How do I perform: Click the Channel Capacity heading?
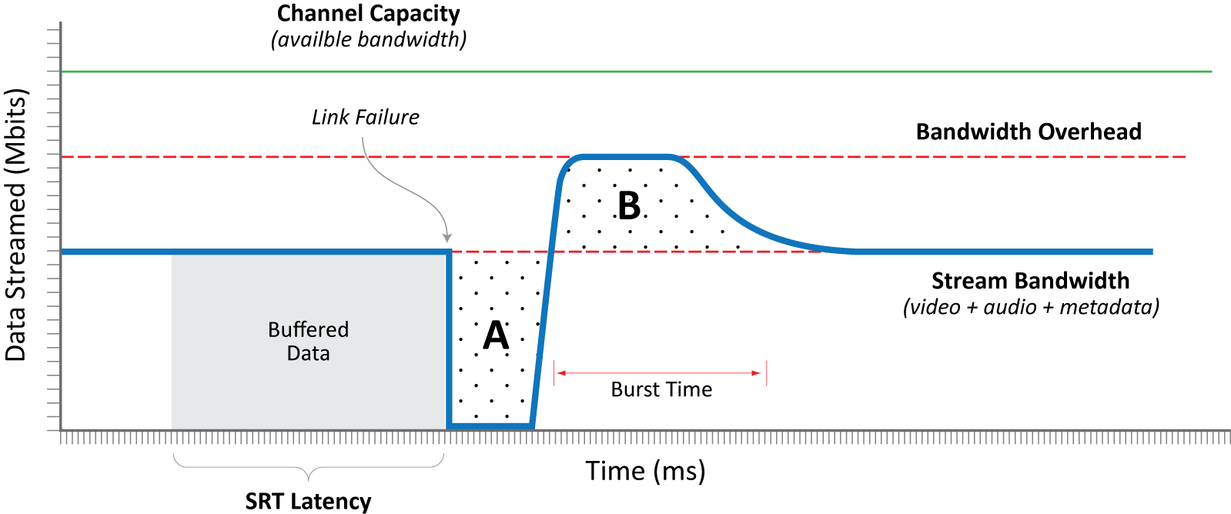(368, 14)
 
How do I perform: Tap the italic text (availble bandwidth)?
(368, 39)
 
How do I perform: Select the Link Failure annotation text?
(365, 117)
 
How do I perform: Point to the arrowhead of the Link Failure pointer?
(447, 239)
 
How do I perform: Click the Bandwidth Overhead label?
(1028, 132)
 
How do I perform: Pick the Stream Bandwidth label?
(1030, 280)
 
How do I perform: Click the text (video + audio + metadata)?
(1031, 307)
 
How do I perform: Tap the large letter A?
(496, 335)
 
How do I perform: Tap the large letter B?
(629, 206)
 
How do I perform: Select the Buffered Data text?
(308, 341)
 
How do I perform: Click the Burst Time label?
(661, 389)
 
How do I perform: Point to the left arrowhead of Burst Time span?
(560, 373)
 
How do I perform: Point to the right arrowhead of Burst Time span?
(758, 373)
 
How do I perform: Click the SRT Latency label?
(308, 501)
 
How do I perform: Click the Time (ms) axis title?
(645, 470)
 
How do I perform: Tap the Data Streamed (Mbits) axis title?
(16, 225)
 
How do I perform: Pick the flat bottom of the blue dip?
(490, 426)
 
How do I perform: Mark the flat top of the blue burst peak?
(624, 157)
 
